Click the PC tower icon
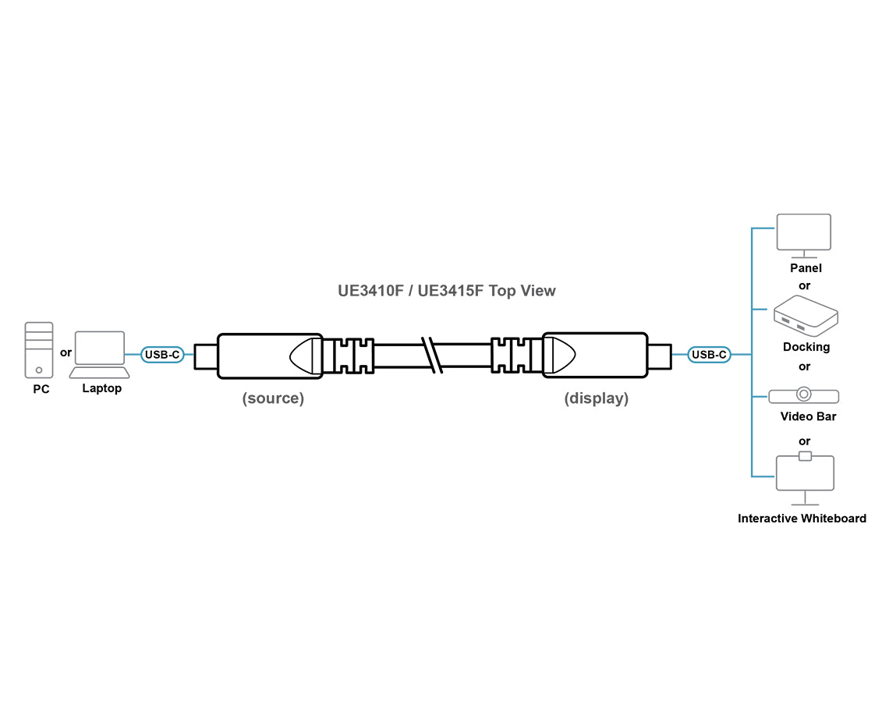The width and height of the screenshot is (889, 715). (x=39, y=350)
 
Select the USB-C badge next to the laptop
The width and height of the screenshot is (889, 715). (x=162, y=356)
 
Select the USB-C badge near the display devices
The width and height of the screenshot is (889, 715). (x=709, y=356)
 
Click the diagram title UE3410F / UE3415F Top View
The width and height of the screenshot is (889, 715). (x=447, y=291)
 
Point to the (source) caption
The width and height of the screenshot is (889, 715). (x=273, y=398)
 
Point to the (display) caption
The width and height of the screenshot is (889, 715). (x=597, y=398)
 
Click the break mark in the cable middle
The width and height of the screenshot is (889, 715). (x=430, y=356)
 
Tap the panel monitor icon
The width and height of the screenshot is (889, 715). (x=804, y=235)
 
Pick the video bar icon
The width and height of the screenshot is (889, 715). (x=804, y=395)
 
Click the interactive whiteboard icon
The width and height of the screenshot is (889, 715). (x=805, y=476)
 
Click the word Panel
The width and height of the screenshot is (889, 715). (x=806, y=268)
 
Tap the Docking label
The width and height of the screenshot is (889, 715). (x=806, y=347)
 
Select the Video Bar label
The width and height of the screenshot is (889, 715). (x=808, y=416)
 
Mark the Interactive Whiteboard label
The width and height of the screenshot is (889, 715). (x=802, y=519)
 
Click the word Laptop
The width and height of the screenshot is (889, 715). (x=102, y=388)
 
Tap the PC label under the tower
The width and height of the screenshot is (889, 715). (x=41, y=389)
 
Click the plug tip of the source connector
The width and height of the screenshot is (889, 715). (x=205, y=356)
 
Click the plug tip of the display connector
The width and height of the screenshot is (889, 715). (x=658, y=356)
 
